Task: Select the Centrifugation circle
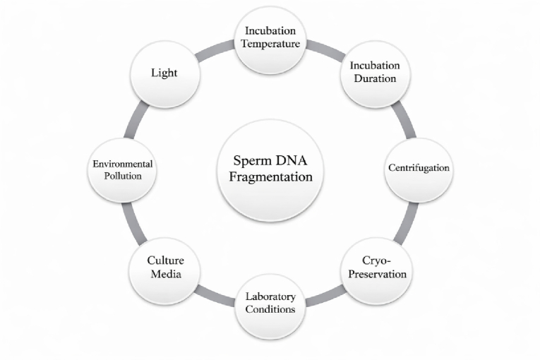[x=419, y=169]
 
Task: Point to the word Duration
[x=376, y=78]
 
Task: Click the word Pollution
[x=124, y=176]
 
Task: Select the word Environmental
[x=124, y=164]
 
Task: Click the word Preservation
[x=374, y=273]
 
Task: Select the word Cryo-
[x=374, y=260]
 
